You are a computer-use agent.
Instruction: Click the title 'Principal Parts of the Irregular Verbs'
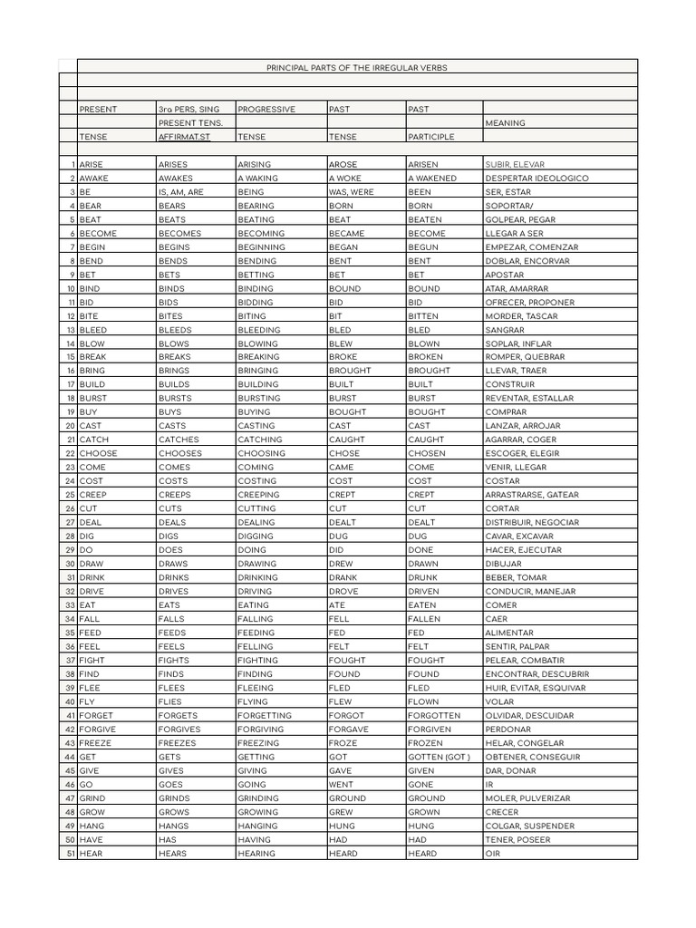pos(356,67)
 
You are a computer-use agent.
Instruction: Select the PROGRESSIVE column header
pos(266,109)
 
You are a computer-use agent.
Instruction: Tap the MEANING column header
pos(506,123)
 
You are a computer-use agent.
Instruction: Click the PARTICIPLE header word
pos(431,137)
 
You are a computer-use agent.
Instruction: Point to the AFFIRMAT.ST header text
pos(184,137)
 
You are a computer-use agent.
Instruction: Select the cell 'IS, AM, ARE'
pos(181,192)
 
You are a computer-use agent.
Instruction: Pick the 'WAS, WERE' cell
pos(352,192)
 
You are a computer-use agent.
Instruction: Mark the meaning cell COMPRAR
pos(505,412)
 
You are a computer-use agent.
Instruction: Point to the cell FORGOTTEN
pos(434,715)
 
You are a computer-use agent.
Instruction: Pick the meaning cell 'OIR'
pos(493,853)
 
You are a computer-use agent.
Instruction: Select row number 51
pos(71,853)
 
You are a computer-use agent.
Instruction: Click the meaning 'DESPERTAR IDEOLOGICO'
pos(536,179)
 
